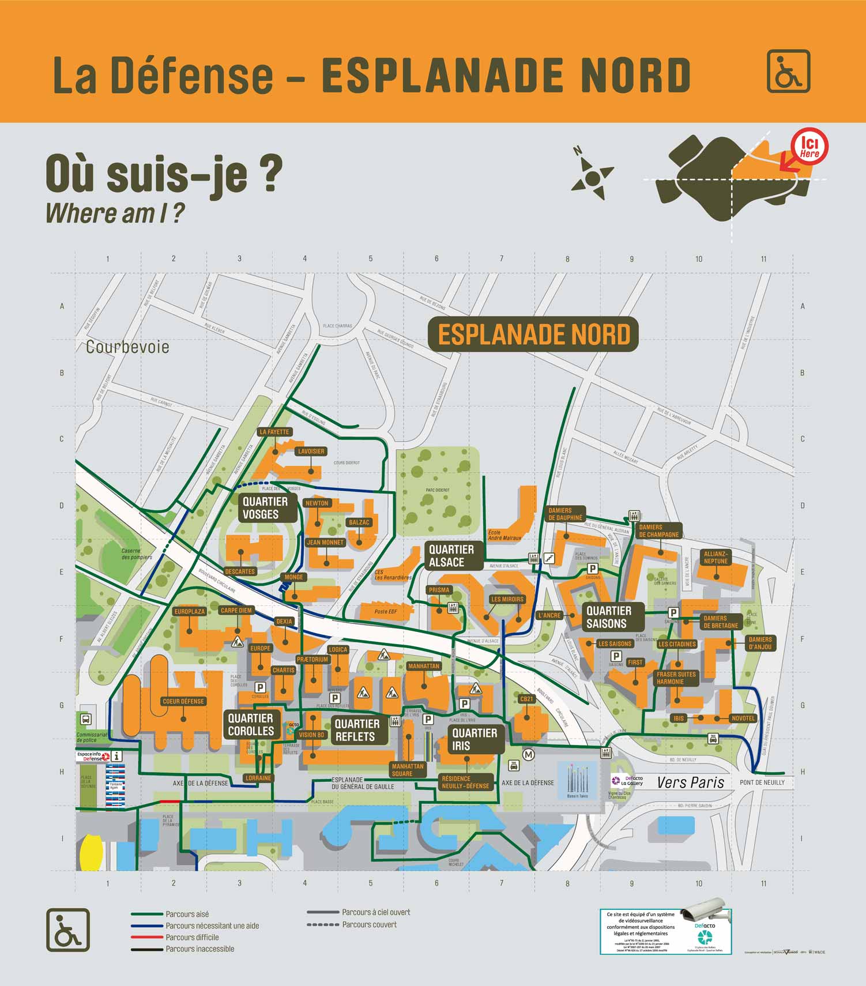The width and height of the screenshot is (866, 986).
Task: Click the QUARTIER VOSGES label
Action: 265,508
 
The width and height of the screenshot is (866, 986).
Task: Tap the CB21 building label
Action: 527,699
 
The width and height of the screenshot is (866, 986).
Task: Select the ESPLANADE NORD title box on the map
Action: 533,334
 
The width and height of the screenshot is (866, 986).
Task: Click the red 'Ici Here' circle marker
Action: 809,146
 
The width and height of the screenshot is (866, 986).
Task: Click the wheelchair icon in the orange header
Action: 788,71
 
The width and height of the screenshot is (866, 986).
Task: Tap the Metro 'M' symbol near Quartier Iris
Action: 528,754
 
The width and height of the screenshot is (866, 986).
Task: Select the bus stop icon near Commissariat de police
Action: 86,719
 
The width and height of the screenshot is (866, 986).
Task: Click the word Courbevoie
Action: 127,347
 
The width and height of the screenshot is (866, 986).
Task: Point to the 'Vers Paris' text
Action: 690,782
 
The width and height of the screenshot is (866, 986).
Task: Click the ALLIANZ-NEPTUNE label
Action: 716,557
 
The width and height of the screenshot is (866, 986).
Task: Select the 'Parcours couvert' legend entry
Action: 369,924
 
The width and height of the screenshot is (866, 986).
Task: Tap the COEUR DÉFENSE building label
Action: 183,701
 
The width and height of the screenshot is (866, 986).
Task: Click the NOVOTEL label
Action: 743,718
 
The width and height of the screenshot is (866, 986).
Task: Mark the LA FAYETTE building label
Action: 274,432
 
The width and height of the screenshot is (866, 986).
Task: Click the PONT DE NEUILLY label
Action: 762,782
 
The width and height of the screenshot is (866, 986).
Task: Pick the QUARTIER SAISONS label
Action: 608,617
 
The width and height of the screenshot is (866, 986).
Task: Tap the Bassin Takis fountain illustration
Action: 577,780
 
